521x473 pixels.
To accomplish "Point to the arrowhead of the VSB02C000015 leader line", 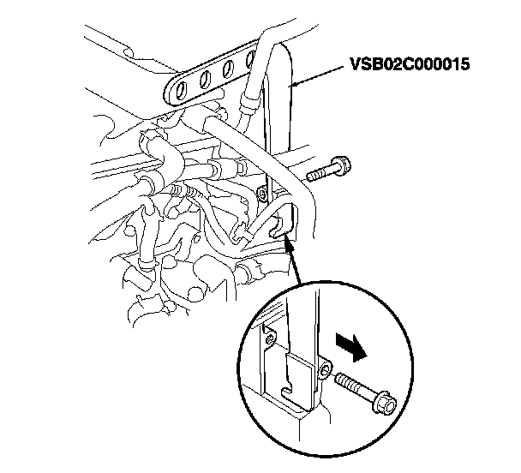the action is (x=293, y=85).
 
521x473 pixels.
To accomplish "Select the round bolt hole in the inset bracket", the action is (x=326, y=369).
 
